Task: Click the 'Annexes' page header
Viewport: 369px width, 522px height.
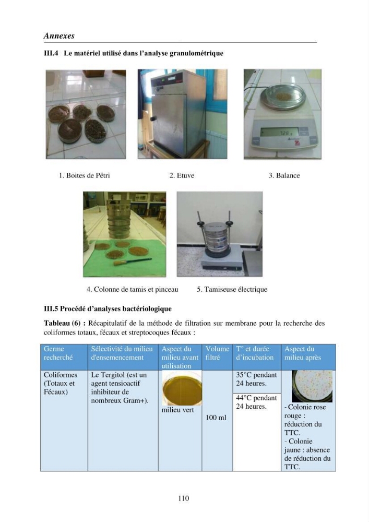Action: pyautogui.click(x=59, y=35)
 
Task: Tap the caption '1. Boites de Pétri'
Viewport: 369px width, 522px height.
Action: pyautogui.click(x=84, y=175)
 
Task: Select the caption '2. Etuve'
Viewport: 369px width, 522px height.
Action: pyautogui.click(x=182, y=175)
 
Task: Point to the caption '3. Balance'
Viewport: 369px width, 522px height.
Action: pyautogui.click(x=284, y=175)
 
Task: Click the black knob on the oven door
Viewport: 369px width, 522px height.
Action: pyautogui.click(x=153, y=118)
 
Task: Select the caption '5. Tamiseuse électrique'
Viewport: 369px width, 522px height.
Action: pyautogui.click(x=232, y=289)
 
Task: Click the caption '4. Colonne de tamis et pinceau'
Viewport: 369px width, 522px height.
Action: pyautogui.click(x=133, y=289)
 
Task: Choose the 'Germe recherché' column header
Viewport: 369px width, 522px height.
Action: pyautogui.click(x=58, y=353)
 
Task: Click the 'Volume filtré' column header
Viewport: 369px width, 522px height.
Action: pyautogui.click(x=217, y=353)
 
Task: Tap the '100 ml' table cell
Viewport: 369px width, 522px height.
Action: pyautogui.click(x=216, y=418)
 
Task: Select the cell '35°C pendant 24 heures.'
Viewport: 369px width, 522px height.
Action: pyautogui.click(x=257, y=379)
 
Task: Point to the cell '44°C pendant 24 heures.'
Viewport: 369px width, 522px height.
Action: pyautogui.click(x=257, y=402)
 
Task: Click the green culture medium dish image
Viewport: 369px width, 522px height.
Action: pyautogui.click(x=182, y=388)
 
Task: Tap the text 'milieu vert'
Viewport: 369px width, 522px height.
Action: pyautogui.click(x=177, y=410)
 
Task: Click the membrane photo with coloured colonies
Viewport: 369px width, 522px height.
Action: pyautogui.click(x=312, y=386)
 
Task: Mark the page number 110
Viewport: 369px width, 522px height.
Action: pyautogui.click(x=183, y=498)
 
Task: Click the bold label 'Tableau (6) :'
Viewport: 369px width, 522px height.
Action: pyautogui.click(x=65, y=323)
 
